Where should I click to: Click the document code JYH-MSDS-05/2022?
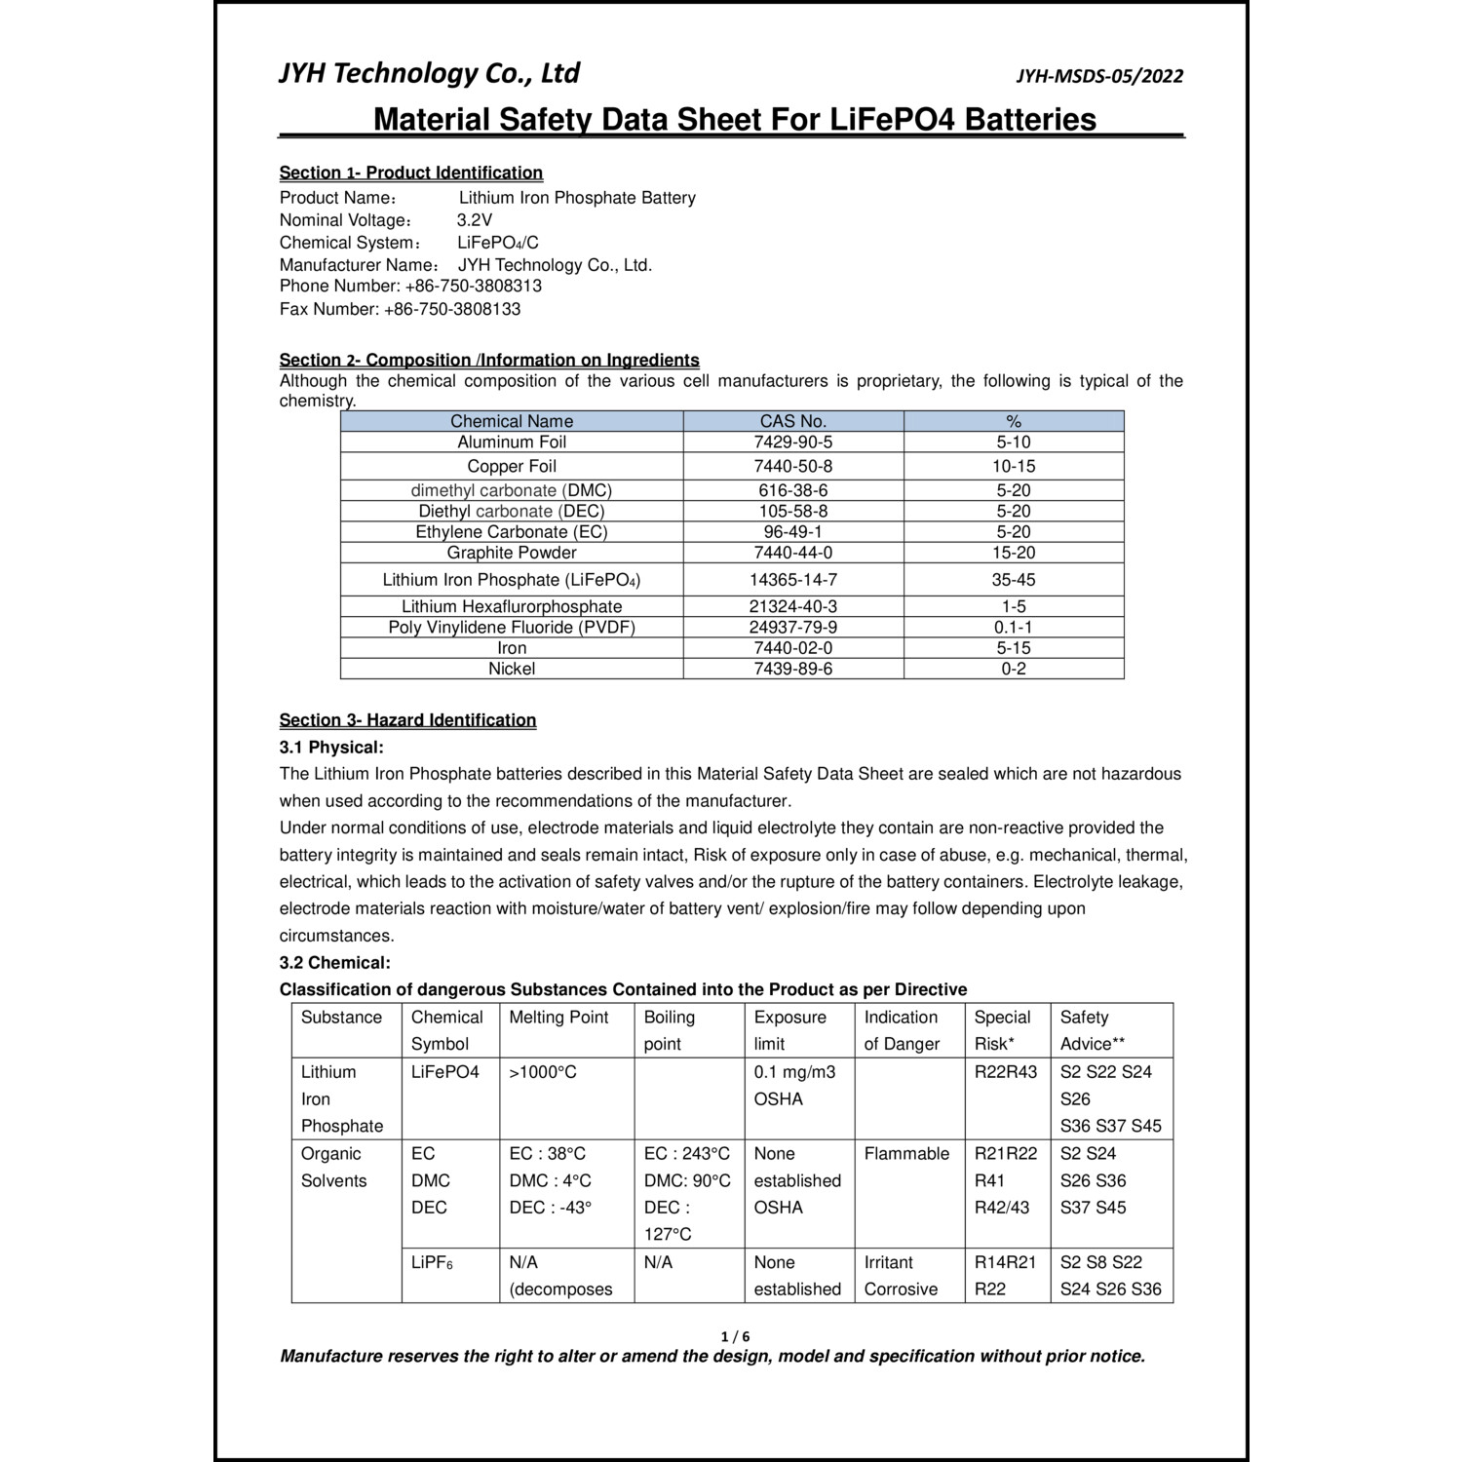coord(1099,77)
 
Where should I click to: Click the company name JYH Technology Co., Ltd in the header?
coord(429,74)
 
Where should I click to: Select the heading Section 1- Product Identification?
coord(410,173)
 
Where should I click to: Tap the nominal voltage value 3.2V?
coord(475,220)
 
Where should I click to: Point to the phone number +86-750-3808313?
coord(473,287)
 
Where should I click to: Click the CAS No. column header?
coord(793,421)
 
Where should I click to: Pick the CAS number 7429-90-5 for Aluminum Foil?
coord(793,442)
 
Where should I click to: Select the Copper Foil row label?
coord(512,467)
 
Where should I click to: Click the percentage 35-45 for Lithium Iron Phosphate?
coord(1014,580)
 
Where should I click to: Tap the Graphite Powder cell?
coord(512,553)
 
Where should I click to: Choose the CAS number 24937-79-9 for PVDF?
coord(793,628)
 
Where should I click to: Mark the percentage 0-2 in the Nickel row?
coord(1014,670)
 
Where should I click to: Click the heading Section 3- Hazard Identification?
coord(407,720)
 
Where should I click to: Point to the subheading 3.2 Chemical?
coord(334,963)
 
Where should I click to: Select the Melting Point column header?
coord(558,1018)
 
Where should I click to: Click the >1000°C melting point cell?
coord(543,1072)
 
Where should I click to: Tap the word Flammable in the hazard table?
coord(906,1154)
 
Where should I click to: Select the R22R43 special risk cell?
coord(1007,1072)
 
